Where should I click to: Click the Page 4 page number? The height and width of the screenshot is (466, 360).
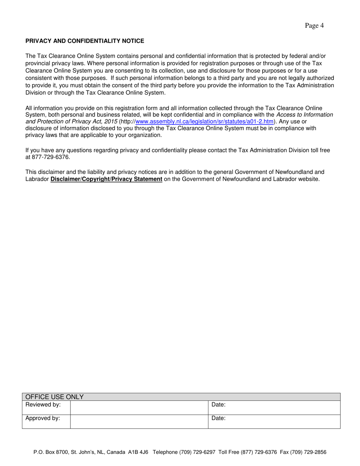coord(314,26)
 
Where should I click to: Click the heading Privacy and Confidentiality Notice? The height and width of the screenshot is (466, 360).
coord(85,41)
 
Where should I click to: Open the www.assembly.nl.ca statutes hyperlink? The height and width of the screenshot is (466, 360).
coord(204,122)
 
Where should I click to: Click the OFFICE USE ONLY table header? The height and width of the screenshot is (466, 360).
coord(54,397)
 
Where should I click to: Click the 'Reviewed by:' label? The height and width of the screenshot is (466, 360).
coord(43,405)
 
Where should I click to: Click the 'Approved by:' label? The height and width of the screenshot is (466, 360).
coord(43,418)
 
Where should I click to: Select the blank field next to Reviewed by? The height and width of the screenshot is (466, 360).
coord(139,408)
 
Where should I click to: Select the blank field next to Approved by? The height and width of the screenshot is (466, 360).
coord(139,421)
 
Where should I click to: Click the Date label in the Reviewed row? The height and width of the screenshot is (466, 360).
coord(218,405)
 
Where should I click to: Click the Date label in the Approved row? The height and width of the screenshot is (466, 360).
coord(218,418)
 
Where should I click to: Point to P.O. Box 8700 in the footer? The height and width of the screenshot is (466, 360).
coord(49,452)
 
